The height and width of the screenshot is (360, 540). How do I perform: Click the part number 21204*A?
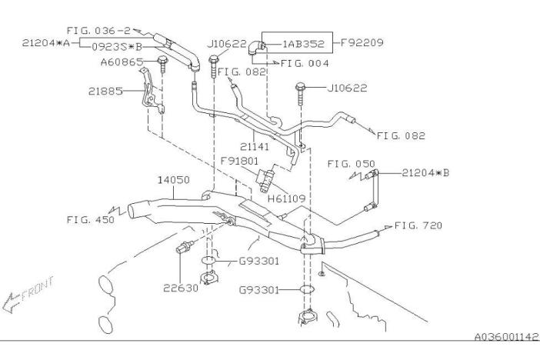point(46,43)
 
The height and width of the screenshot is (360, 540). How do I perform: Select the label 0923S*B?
point(117,47)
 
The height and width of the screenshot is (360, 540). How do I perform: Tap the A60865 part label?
point(122,62)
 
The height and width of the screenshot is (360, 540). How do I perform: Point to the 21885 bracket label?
point(105,92)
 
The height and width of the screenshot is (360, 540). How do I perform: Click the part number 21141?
point(255,147)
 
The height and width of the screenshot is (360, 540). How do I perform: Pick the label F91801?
point(239,161)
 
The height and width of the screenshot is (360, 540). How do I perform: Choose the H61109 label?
point(286,198)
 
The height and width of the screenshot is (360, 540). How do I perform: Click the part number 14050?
point(174,180)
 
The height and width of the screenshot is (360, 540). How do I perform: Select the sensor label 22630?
point(181,288)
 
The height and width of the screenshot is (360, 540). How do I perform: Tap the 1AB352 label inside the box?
point(303,44)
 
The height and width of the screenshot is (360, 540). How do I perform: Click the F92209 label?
point(362,43)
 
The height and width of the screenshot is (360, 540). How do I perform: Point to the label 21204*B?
point(425,173)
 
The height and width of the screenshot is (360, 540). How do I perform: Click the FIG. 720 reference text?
point(418,225)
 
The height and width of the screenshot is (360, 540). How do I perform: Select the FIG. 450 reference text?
point(90,220)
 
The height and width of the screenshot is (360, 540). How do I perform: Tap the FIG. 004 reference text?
point(305,63)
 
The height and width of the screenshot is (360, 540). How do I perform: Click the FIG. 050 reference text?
point(352,164)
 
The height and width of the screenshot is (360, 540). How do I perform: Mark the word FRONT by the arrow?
point(37,288)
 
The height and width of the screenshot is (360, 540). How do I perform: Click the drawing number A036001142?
point(506,337)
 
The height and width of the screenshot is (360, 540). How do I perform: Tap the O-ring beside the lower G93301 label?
point(307,290)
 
